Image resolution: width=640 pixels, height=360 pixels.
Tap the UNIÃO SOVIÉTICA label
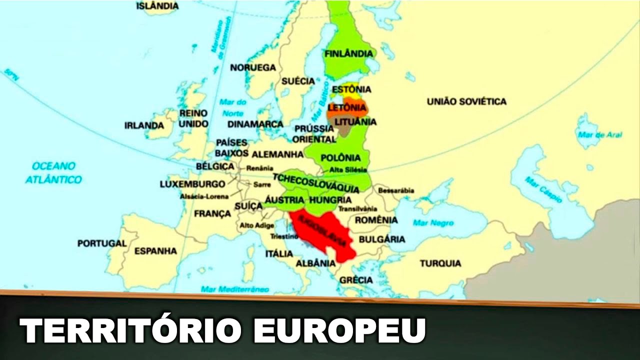pos(466,101)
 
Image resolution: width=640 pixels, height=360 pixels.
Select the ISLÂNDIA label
pos(157,6)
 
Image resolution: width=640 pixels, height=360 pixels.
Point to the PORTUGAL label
pos(102,243)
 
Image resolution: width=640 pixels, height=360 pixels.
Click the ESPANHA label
pos(155,250)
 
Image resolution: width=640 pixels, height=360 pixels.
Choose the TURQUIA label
pos(440,263)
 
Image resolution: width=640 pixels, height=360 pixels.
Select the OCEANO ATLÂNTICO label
pos(53,172)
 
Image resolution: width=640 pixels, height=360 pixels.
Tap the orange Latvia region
pos(346,108)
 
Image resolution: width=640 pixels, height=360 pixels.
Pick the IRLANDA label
pos(144,125)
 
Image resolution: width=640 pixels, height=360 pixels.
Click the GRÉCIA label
pos(356,280)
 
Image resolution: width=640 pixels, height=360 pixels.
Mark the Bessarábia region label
pos(396,190)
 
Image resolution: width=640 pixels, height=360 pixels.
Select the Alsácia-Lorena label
pos(204,196)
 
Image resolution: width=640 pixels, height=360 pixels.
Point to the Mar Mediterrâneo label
pos(234,289)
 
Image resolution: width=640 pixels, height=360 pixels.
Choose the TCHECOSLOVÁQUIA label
pos(315,183)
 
